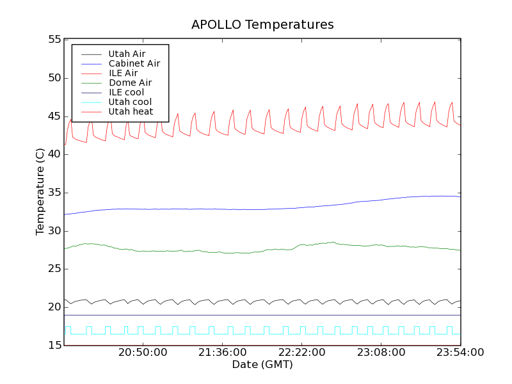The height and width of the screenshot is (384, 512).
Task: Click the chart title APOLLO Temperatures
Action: pyautogui.click(x=262, y=25)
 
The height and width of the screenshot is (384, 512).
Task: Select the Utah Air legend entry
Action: pyautogui.click(x=127, y=54)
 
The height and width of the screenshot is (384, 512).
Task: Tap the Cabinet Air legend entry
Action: pyautogui.click(x=134, y=63)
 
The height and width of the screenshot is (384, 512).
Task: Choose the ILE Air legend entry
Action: pyautogui.click(x=123, y=73)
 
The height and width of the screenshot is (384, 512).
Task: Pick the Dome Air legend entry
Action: pyautogui.click(x=130, y=83)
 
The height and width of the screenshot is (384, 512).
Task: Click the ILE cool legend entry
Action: pyautogui.click(x=126, y=92)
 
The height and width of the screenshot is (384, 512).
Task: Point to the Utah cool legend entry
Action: pyautogui.click(x=130, y=102)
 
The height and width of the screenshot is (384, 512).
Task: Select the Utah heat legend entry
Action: pyautogui.click(x=131, y=111)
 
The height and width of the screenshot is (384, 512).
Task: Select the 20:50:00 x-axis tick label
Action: pyautogui.click(x=143, y=353)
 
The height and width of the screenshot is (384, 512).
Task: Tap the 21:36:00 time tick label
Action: pyautogui.click(x=223, y=353)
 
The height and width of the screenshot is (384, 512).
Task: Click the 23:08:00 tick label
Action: pyautogui.click(x=381, y=353)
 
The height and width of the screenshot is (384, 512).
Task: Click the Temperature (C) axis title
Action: pyautogui.click(x=40, y=192)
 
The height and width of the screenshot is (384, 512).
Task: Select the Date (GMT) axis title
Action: pyautogui.click(x=262, y=365)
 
